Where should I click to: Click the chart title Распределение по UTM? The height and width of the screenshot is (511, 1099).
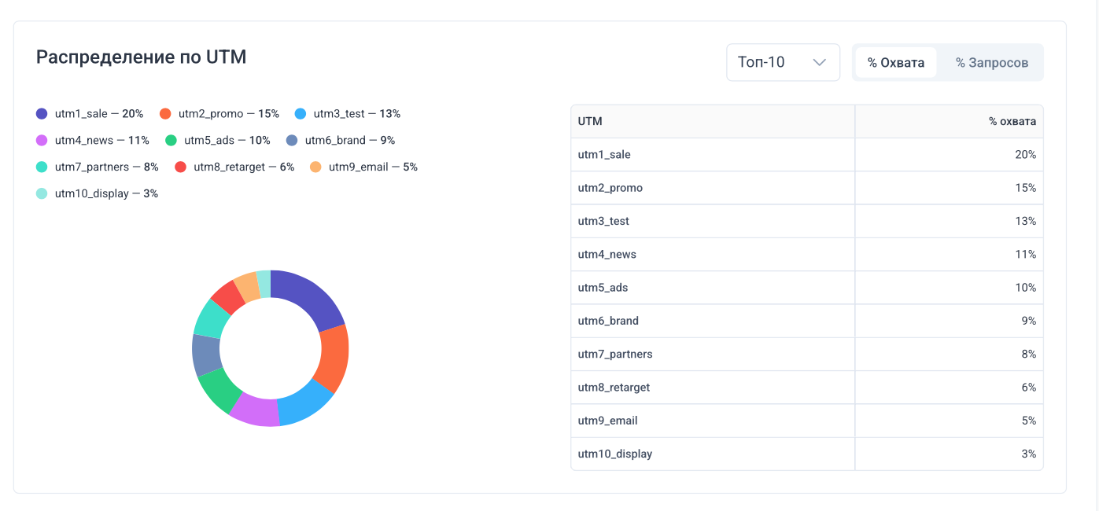[x=142, y=57]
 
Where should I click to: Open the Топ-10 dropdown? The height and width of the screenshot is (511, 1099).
[x=783, y=62]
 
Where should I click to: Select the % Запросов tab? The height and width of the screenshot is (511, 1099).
[x=991, y=63]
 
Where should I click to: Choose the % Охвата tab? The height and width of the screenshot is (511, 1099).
[x=895, y=63]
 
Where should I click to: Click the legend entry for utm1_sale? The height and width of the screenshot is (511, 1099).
[x=90, y=114]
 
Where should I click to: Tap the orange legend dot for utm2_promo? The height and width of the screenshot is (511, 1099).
[x=165, y=114]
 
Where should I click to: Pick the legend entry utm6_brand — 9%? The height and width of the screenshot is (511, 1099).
[x=340, y=141]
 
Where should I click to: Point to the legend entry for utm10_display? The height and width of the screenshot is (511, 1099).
[x=97, y=193]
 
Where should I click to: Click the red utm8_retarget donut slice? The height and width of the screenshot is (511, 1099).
[x=227, y=296]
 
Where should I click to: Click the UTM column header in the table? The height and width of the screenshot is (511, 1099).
[x=590, y=122]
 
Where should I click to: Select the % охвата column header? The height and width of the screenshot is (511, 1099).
[x=1012, y=122]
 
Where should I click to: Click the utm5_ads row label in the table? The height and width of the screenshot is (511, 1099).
[x=603, y=288]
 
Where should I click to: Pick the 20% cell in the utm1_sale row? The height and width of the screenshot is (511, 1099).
[x=1025, y=155]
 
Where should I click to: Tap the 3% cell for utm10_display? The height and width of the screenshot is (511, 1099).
[x=1028, y=454]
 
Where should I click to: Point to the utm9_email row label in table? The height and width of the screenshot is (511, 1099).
[x=607, y=421]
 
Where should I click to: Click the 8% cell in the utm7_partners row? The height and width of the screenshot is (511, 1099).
[x=1028, y=354]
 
